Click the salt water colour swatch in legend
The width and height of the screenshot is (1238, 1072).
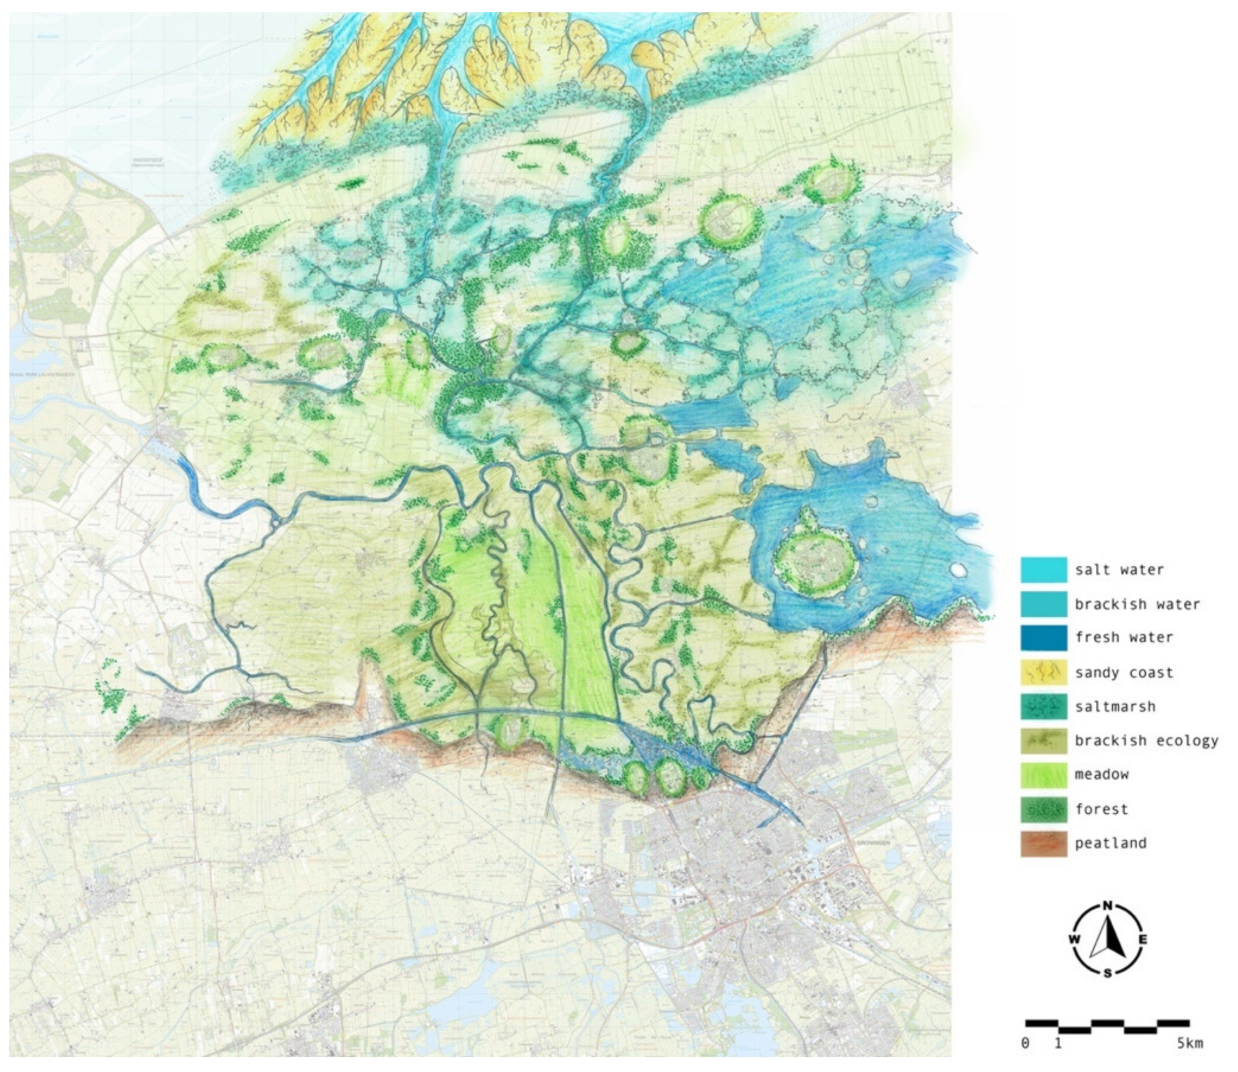click(1043, 569)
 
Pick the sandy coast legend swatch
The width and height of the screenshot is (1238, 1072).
click(1043, 672)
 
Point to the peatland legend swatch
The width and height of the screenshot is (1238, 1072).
click(1043, 843)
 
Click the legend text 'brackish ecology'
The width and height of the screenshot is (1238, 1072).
click(1146, 741)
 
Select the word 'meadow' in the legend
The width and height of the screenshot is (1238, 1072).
click(1101, 774)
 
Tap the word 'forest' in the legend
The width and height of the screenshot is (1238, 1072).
click(1101, 809)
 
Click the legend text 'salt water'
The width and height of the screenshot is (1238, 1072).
click(1119, 569)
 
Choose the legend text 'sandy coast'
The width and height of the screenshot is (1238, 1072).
click(1124, 672)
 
